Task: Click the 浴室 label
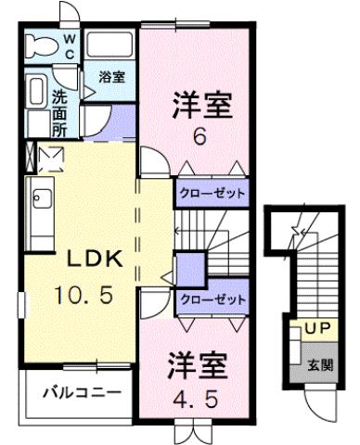point(111,76)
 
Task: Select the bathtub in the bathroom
point(110,47)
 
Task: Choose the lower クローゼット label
point(212,300)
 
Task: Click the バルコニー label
point(82,393)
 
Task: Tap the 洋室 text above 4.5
point(197,362)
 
